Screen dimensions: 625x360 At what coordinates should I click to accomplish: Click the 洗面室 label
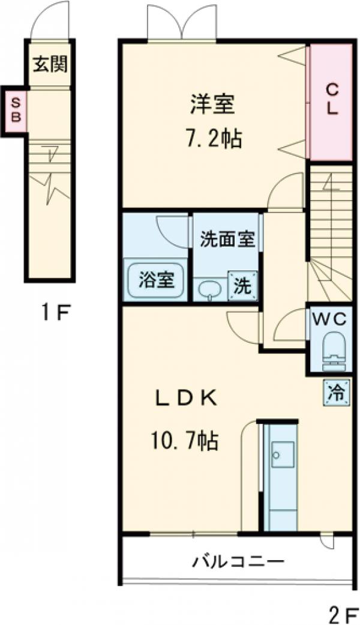coord(227,239)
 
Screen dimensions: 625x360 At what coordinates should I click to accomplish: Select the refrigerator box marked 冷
coord(335,393)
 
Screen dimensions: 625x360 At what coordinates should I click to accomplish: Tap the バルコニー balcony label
coord(238,562)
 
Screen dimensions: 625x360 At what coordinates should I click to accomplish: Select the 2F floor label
coord(343,614)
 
